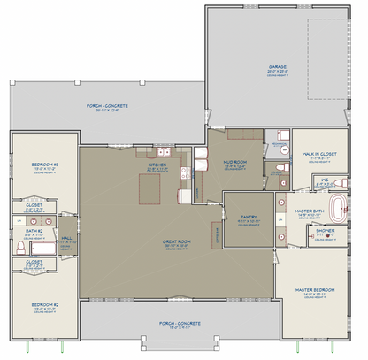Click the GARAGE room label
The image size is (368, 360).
pos(279,66)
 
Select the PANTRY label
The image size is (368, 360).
pos(248,215)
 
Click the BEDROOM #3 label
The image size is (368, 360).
pos(44,165)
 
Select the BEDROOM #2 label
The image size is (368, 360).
pos(44,304)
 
